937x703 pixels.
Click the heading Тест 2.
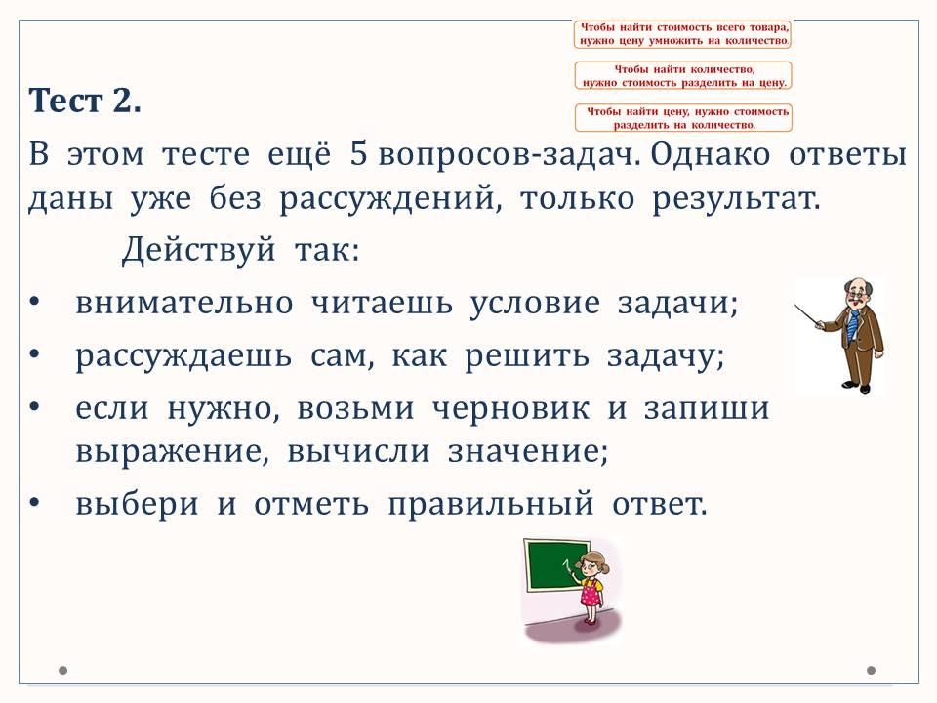pos(85,101)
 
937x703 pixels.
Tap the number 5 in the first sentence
pos(358,153)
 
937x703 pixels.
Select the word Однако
pos(710,154)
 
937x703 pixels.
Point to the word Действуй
pos(198,250)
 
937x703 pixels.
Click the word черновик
pos(510,409)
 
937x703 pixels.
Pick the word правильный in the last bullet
pos(491,504)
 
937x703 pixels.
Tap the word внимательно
pos(184,303)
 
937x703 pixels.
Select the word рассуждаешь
pos(183,357)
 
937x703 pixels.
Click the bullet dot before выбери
pos(34,504)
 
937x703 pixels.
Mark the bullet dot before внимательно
pos(34,303)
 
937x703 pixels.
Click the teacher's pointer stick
pos(808,315)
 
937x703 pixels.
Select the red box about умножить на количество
pos(683,34)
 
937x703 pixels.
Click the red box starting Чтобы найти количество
pos(683,76)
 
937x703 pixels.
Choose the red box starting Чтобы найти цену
pos(683,118)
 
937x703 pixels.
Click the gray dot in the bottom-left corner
pos(62,670)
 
